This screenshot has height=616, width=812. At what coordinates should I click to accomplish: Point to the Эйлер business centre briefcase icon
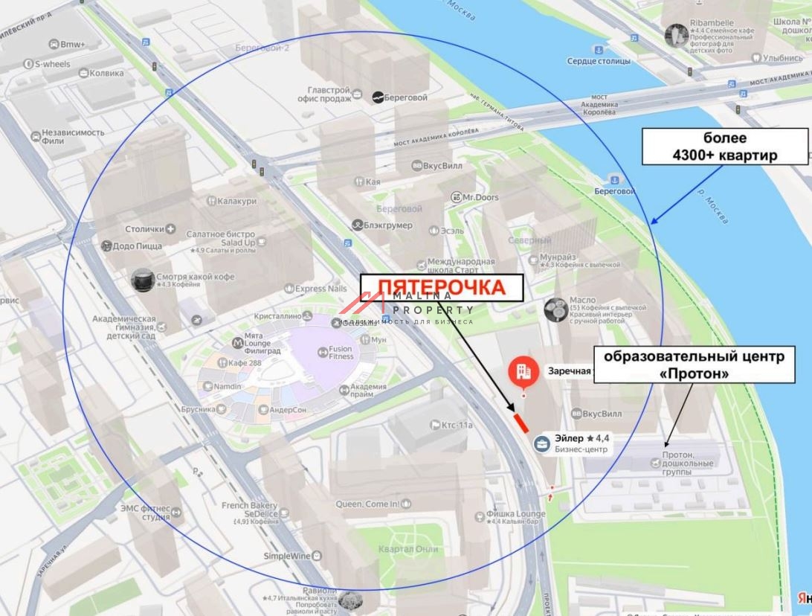pyautogui.click(x=543, y=444)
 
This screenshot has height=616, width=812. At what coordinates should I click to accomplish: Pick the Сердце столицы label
pyautogui.click(x=599, y=61)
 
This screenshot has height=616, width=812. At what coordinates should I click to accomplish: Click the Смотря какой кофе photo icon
pyautogui.click(x=142, y=280)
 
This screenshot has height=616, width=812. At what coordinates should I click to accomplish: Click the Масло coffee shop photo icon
pyautogui.click(x=555, y=309)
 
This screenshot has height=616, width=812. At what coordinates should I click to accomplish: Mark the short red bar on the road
pyautogui.click(x=521, y=422)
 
